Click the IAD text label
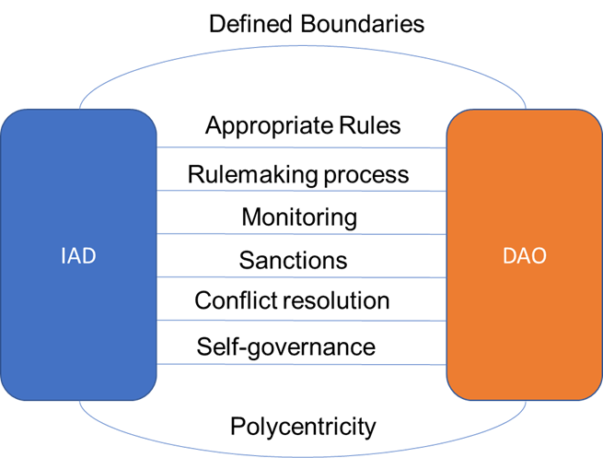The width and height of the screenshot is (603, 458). (78, 256)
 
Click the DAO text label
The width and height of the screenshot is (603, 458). (524, 256)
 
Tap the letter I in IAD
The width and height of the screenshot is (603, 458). (64, 256)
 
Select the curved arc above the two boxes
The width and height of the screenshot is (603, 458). (302, 45)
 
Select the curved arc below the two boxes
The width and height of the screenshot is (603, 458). (302, 455)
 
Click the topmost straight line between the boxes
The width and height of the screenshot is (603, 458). (302, 147)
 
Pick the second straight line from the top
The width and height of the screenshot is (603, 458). (302, 191)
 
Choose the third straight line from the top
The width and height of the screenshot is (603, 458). (302, 234)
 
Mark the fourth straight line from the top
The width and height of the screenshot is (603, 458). (302, 276)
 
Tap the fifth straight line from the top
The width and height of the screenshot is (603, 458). (302, 320)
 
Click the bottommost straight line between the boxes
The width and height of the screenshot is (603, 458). (302, 364)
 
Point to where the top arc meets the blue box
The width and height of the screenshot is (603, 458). (80, 109)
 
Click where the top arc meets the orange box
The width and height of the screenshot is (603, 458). (526, 109)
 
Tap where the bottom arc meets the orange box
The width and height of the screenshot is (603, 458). (526, 401)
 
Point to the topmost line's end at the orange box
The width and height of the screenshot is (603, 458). (446, 147)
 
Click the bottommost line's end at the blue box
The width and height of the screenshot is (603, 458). (157, 364)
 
